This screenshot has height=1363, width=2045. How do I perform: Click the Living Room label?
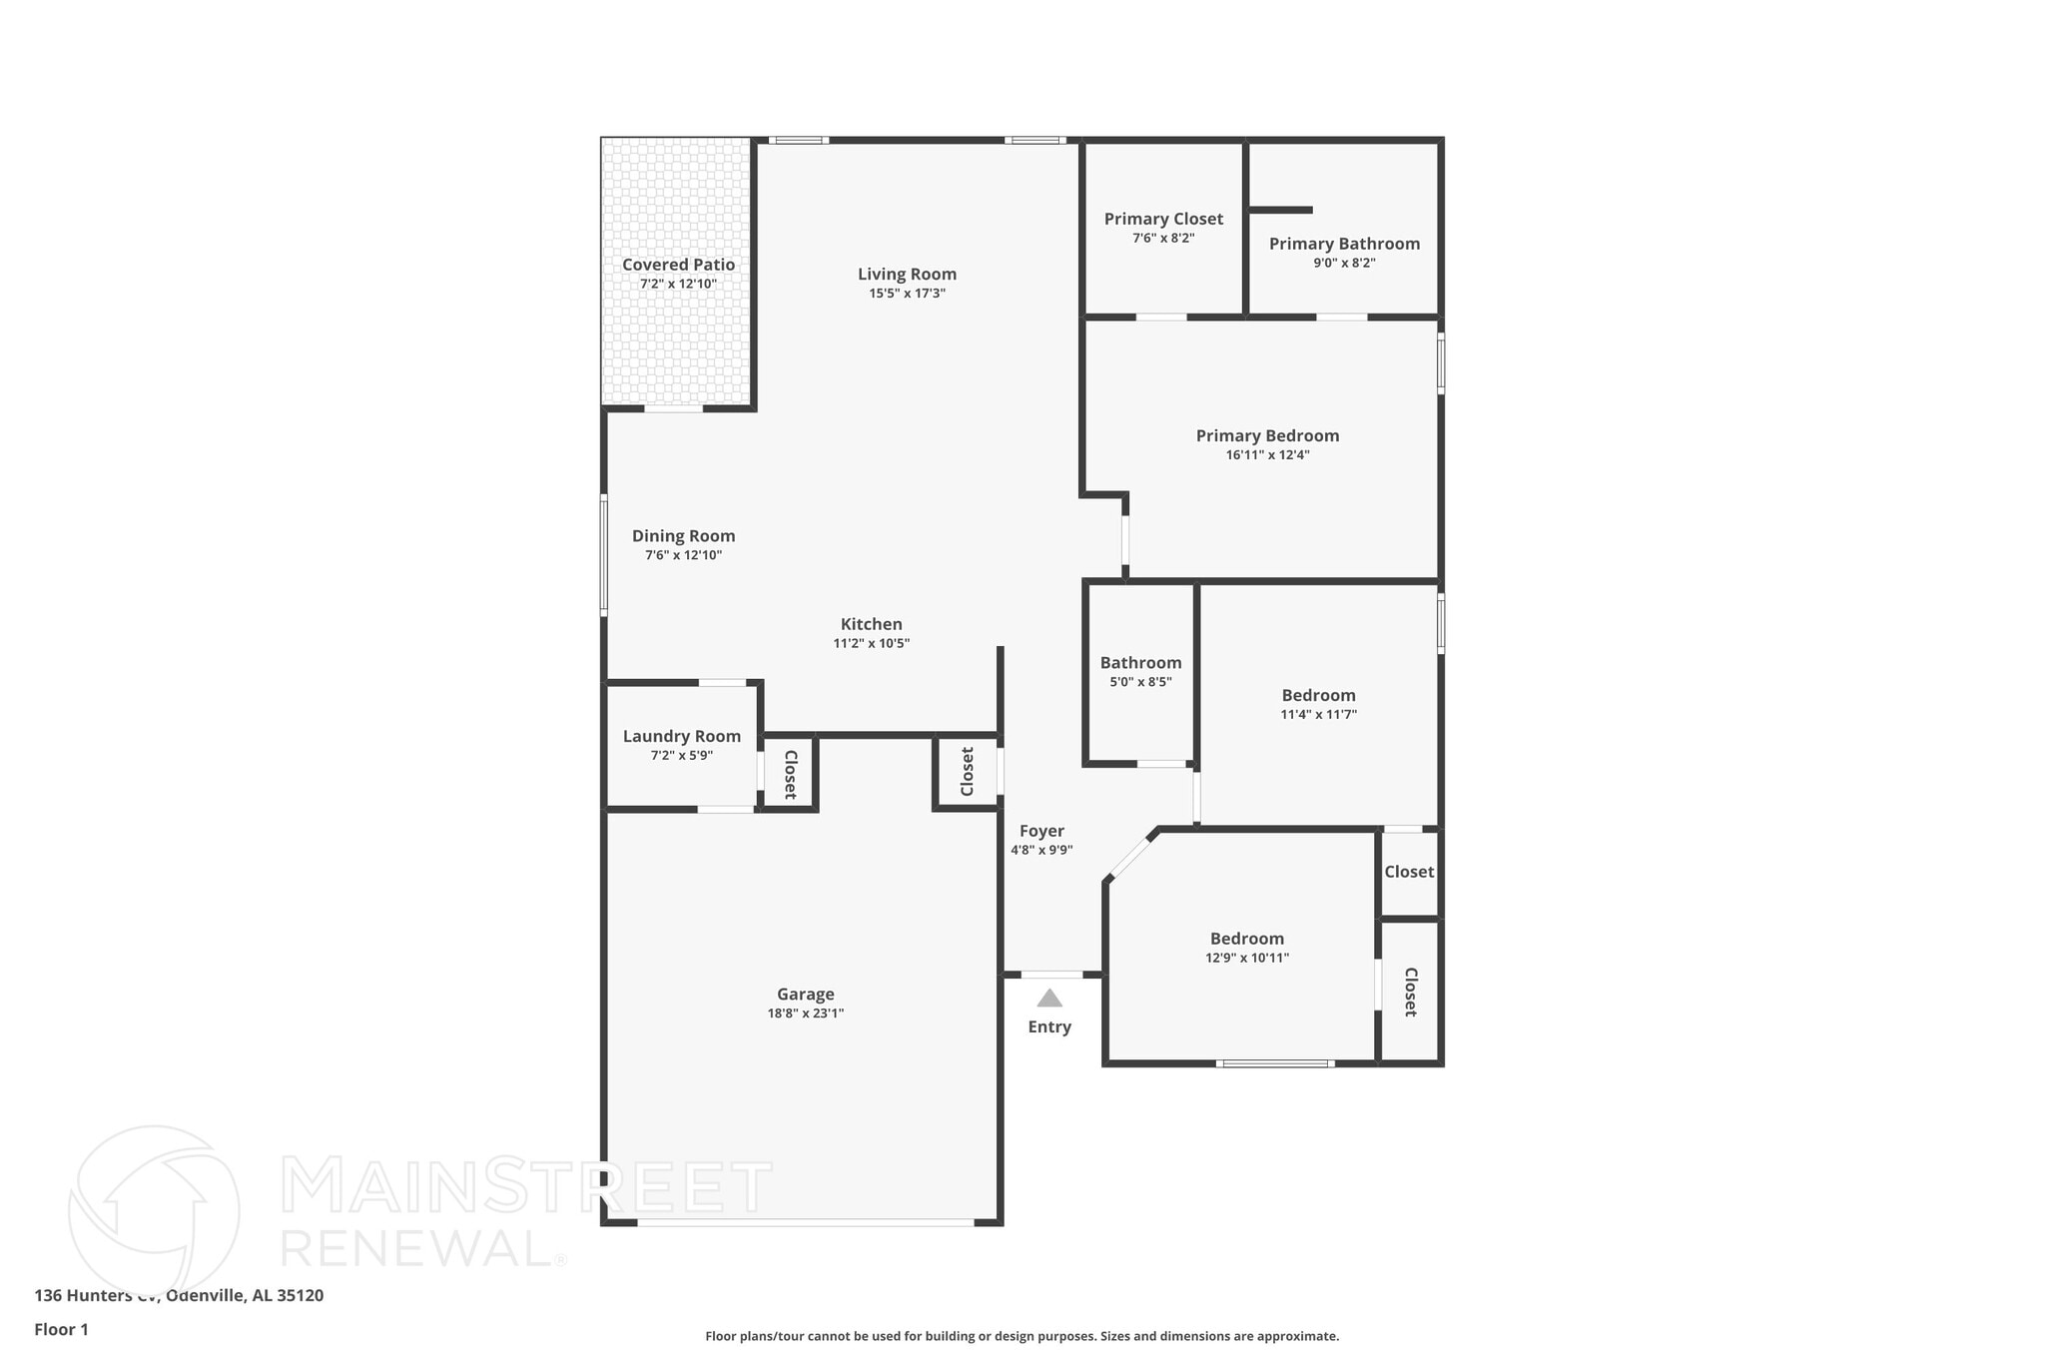coord(907,274)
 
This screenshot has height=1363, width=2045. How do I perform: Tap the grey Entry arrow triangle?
coord(1049,998)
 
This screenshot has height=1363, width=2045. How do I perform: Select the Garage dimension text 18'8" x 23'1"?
coord(805,1014)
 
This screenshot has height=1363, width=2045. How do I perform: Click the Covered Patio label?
coord(678,265)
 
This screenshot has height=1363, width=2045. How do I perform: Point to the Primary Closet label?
coord(1163,219)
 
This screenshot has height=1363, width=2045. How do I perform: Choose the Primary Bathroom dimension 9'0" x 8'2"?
coord(1344,263)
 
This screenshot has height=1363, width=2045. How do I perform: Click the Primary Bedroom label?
coord(1267,435)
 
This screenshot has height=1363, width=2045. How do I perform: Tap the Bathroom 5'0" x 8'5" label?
coord(1140,663)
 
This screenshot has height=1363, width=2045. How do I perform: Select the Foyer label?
coord(1041,831)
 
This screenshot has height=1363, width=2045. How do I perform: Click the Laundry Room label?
coord(682,736)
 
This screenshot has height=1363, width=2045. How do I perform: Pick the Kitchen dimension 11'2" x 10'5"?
coord(871,643)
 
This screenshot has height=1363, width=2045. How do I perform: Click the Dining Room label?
coord(683,536)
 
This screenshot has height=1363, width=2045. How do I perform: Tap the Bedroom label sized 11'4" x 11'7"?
coord(1318,695)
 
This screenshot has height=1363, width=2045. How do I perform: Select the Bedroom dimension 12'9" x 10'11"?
coord(1247,958)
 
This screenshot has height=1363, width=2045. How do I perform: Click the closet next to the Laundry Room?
coord(790,774)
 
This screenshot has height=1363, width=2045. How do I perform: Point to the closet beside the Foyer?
coord(967,772)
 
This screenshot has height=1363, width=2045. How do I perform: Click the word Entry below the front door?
coord(1049,1026)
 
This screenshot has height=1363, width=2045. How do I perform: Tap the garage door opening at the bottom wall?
coord(805,1221)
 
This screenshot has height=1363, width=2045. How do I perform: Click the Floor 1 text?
coord(61,1329)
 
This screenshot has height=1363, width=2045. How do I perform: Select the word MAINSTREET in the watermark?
coord(526,1186)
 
